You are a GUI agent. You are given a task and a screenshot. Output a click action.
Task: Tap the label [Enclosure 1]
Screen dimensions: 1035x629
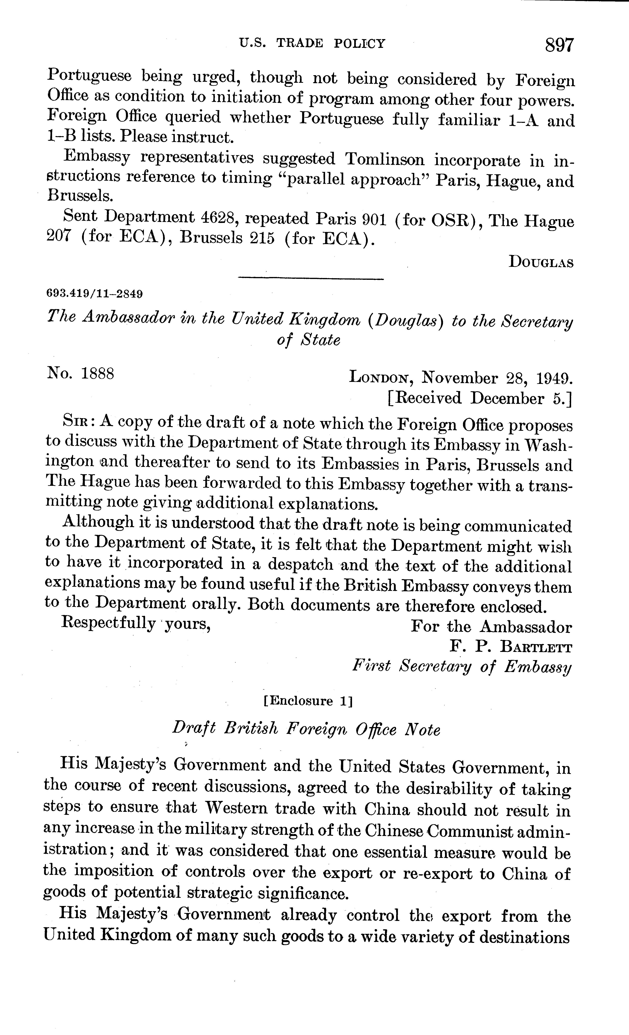pyautogui.click(x=307, y=701)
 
